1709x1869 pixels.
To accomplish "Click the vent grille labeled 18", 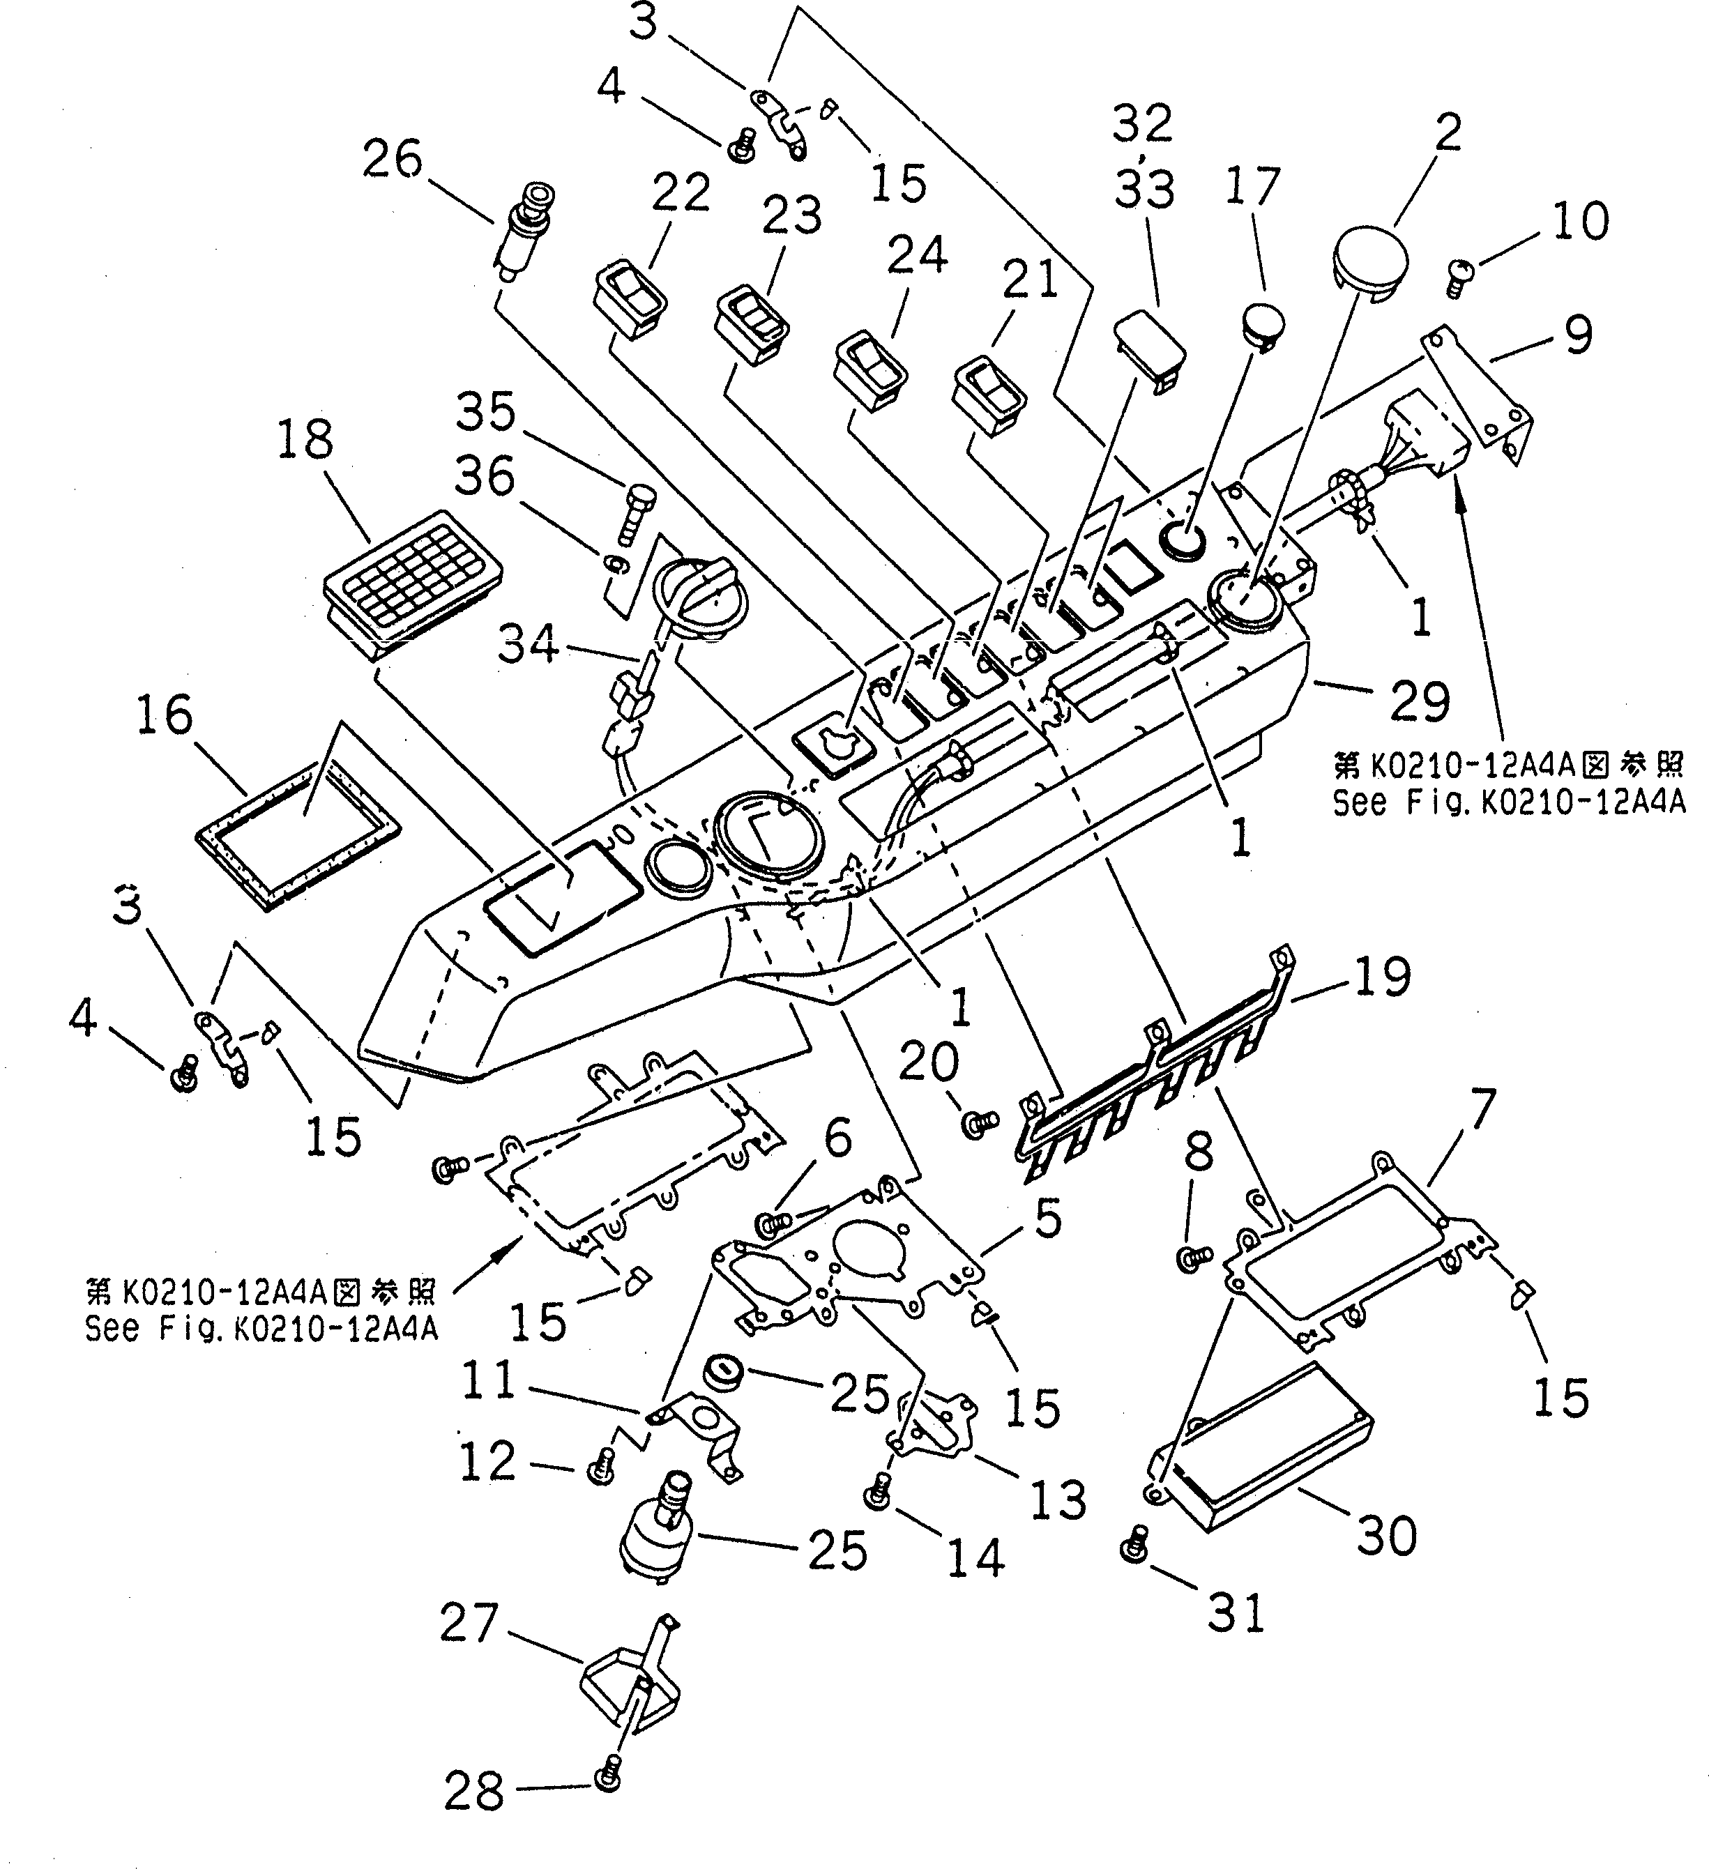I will [411, 583].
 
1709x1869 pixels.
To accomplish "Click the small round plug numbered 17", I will [1265, 321].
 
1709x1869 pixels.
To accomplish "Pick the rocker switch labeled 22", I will [630, 301].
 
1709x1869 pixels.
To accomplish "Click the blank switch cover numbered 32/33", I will [1150, 349].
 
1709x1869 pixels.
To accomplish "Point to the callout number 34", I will [529, 643].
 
